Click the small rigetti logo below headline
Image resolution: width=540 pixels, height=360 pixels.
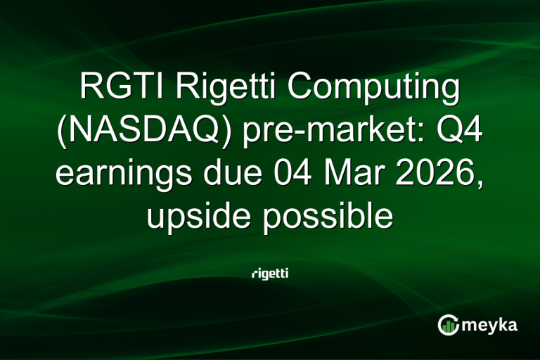coord(269,273)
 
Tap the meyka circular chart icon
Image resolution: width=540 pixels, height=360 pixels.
coord(448,325)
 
